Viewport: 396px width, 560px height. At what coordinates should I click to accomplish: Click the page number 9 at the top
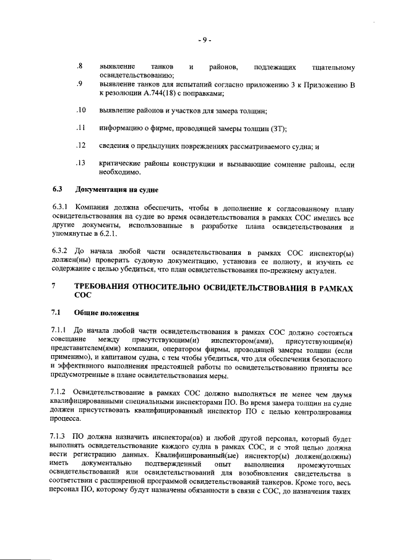(x=205, y=41)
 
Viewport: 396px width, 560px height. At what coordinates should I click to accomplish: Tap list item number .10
(x=80, y=111)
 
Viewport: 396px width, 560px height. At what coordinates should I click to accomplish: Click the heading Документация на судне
(x=117, y=188)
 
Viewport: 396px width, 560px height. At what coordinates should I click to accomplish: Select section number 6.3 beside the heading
(x=57, y=188)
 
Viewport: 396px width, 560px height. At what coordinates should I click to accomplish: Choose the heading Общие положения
(x=106, y=313)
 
